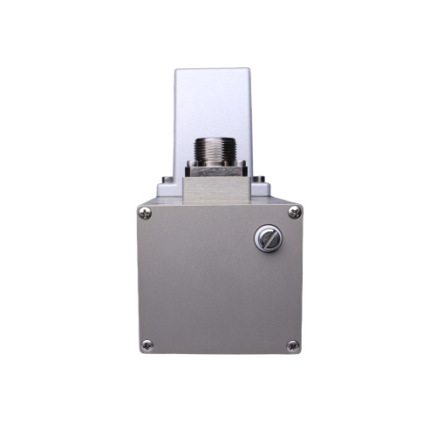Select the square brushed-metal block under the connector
click(x=218, y=185)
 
